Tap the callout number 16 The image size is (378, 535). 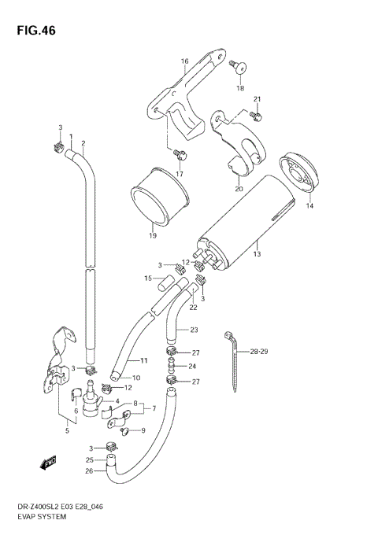(x=185, y=61)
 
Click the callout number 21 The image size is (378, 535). (x=257, y=98)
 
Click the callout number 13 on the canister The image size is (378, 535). (x=256, y=255)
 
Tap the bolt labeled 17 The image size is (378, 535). (x=179, y=154)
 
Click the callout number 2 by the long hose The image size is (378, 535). (x=83, y=143)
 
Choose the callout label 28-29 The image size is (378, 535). (x=260, y=351)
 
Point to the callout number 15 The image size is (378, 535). (x=147, y=279)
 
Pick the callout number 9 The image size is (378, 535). (x=143, y=430)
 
